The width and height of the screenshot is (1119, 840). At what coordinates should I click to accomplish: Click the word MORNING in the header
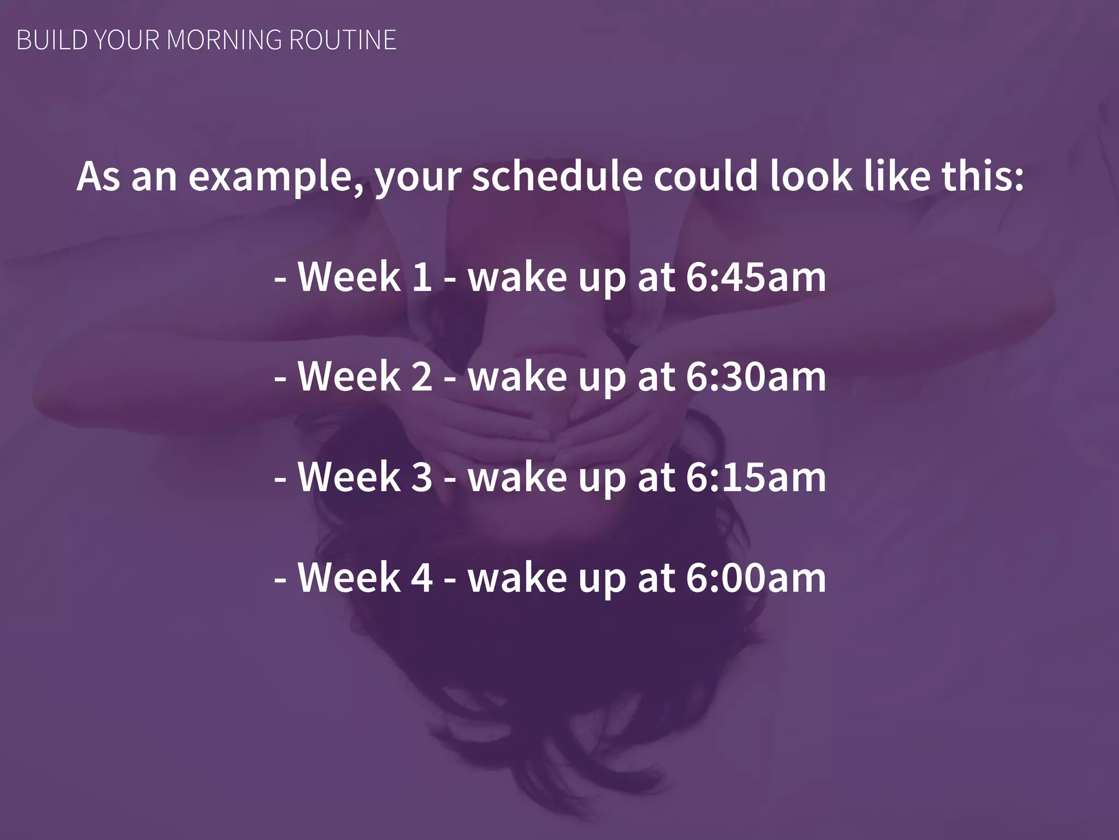[x=224, y=40]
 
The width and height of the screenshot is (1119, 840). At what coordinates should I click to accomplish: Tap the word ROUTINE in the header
[x=343, y=40]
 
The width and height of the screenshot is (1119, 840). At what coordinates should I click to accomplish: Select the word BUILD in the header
[x=52, y=40]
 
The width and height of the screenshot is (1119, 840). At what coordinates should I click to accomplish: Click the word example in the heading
[x=275, y=177]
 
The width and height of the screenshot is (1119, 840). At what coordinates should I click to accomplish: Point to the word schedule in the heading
[x=557, y=176]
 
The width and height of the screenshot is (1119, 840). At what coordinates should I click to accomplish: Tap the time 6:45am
[x=756, y=277]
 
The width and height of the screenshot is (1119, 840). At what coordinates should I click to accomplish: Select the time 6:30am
[x=756, y=377]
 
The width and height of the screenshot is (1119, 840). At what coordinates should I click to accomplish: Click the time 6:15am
[x=756, y=477]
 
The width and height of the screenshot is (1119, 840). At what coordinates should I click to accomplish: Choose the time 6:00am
[x=756, y=577]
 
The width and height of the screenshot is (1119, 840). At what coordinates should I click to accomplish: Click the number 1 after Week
[x=422, y=277]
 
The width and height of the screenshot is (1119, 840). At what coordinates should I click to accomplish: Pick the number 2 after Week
[x=422, y=377]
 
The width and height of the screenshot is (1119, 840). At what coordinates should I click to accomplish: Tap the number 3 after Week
[x=422, y=477]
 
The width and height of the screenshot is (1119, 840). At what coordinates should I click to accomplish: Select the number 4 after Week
[x=422, y=577]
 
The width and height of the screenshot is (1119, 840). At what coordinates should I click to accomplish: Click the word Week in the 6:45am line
[x=349, y=277]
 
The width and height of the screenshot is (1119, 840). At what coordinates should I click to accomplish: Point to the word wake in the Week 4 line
[x=517, y=577]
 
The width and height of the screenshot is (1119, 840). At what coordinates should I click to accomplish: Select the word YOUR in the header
[x=126, y=40]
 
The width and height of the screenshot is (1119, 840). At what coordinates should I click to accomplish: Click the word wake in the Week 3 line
[x=517, y=477]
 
